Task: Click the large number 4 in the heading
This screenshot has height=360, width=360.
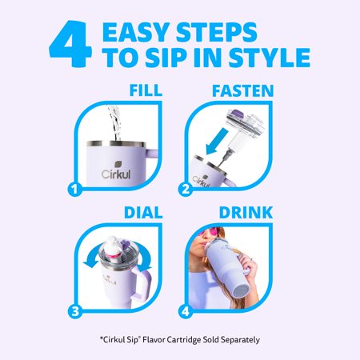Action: (70, 44)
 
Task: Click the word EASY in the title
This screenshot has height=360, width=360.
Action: (137, 32)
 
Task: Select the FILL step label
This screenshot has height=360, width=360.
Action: (146, 90)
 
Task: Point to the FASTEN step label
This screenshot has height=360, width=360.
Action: (243, 90)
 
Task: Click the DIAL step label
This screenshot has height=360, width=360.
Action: (143, 213)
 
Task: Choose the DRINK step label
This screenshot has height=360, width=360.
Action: (246, 213)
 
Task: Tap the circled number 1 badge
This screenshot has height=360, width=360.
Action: (74, 189)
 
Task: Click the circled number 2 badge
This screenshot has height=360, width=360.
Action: (186, 189)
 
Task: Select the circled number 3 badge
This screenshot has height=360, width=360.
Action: (75, 311)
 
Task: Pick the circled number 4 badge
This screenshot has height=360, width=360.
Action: (186, 311)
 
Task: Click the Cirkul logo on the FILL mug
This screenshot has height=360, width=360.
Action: (116, 171)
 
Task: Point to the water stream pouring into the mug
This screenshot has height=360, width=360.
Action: (114, 122)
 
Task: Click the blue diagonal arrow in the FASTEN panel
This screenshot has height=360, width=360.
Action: (217, 142)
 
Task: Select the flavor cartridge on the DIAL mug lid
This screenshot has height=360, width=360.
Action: (114, 249)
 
